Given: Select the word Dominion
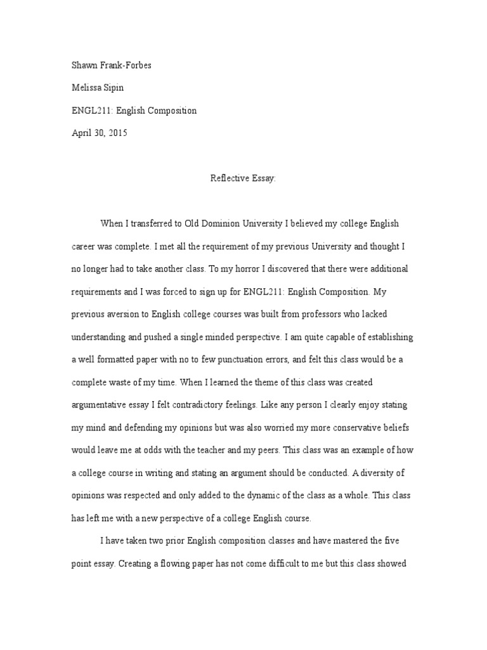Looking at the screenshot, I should (231, 223).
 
